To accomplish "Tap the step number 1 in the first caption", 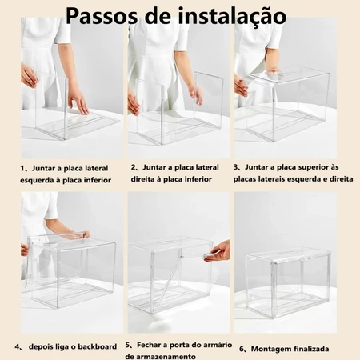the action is click(x=22, y=168).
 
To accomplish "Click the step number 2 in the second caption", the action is click(x=133, y=167).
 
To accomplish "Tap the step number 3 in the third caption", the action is click(x=236, y=167).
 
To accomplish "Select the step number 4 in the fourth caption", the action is click(x=18, y=347).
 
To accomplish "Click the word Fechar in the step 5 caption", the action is click(x=150, y=345).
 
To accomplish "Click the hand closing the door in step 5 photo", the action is click(x=218, y=252).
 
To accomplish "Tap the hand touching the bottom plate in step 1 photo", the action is click(x=78, y=102).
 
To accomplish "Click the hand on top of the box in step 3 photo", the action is click(x=272, y=66).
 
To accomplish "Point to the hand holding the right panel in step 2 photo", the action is click(x=197, y=94).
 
